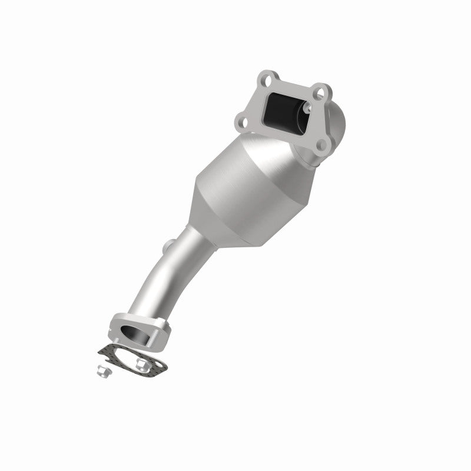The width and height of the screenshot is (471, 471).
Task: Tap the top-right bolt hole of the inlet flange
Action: [x=319, y=92]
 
